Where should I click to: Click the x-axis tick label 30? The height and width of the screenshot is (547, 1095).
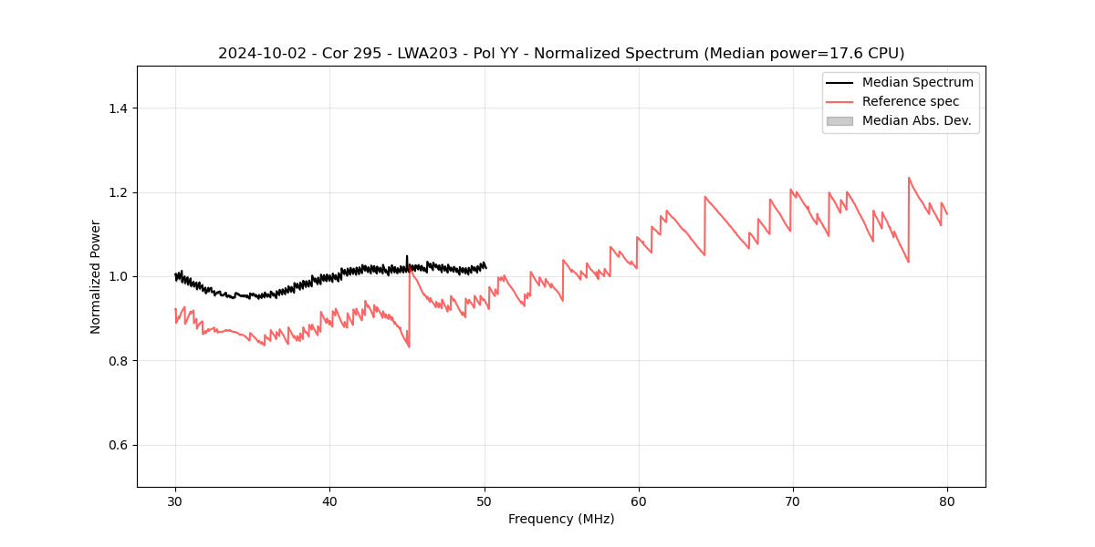175,501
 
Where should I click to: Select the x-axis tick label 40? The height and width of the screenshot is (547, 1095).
329,501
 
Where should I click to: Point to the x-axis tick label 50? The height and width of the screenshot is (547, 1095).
485,501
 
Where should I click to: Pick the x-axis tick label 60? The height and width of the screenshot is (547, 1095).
639,501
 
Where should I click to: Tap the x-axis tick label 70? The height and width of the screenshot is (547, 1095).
793,501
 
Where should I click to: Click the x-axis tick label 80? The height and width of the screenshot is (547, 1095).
947,501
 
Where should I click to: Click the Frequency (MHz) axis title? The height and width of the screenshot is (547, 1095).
561,519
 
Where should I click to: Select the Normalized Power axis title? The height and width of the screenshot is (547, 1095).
96,276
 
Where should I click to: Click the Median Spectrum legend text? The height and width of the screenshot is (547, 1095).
917,82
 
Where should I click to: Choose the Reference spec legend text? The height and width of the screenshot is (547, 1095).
911,101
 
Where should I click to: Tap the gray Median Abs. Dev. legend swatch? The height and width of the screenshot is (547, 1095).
839,120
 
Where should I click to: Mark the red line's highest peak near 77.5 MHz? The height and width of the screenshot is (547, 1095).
909,178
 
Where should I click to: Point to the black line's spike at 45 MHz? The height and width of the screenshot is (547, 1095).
407,256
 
